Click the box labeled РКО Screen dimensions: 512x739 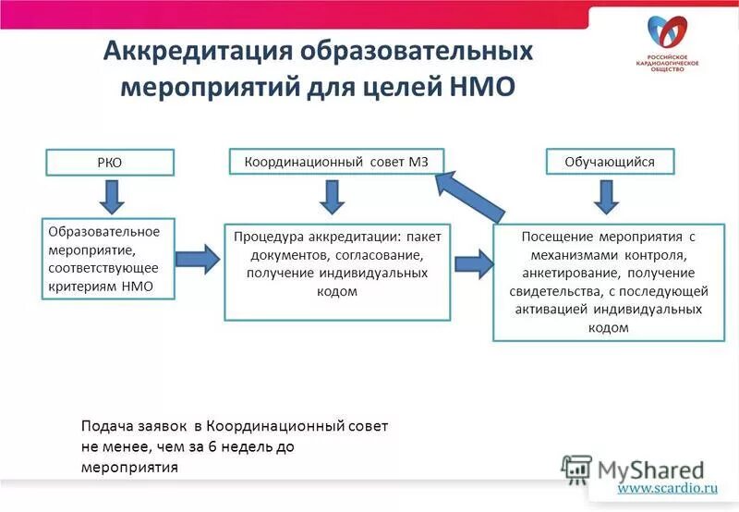coord(111,163)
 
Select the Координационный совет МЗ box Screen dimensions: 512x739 coord(337,162)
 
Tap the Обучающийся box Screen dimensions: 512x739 coord(609,162)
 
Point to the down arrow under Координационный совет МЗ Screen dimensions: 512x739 coord(333,195)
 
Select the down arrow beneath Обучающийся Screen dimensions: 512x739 coord(606,195)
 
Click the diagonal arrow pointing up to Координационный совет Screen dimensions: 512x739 coord(469,194)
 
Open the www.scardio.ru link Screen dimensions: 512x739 coord(667,487)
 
